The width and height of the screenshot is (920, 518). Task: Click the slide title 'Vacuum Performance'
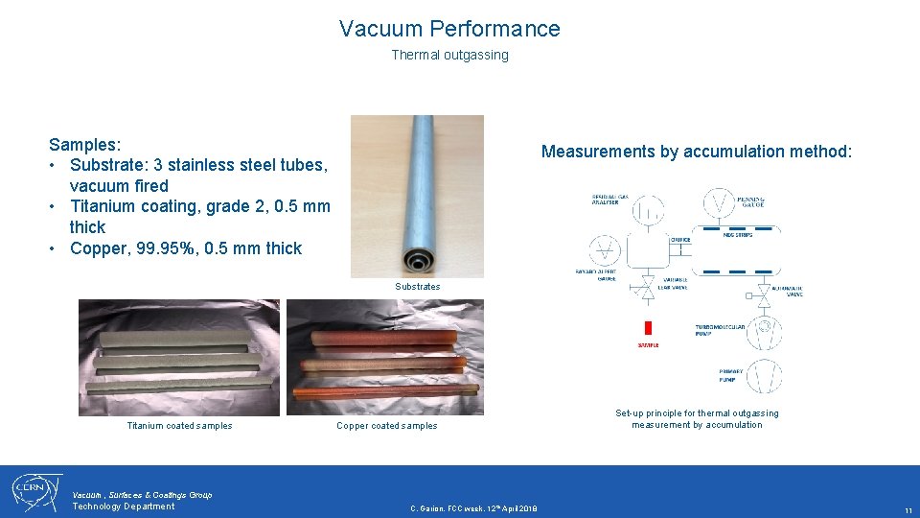click(x=449, y=29)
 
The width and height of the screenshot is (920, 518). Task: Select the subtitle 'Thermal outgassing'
click(x=449, y=55)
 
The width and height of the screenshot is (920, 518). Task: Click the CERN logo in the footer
click(x=35, y=492)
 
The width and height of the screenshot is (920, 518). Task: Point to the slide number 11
click(x=908, y=510)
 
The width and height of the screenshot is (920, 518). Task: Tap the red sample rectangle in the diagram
click(x=649, y=328)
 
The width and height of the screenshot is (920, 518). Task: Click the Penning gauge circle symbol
click(x=720, y=203)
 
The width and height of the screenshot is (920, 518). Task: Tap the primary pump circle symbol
click(x=764, y=376)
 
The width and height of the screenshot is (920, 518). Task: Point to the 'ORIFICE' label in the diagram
click(x=680, y=240)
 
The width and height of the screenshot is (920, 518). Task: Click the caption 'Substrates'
click(x=418, y=286)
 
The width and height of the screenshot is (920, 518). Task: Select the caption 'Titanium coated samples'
click(x=179, y=426)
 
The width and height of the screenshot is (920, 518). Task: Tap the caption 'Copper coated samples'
click(x=386, y=426)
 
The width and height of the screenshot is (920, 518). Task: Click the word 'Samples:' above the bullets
click(x=85, y=144)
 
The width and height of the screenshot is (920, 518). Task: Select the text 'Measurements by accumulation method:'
click(x=696, y=152)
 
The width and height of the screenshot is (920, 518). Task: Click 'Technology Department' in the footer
click(x=124, y=506)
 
